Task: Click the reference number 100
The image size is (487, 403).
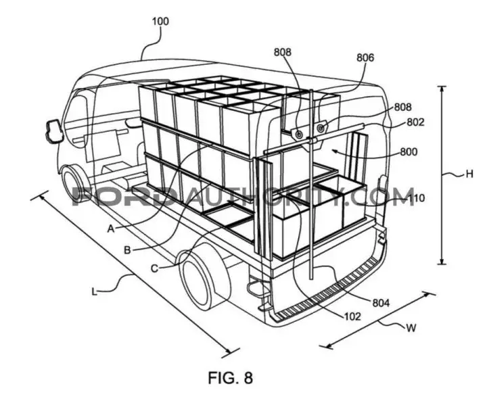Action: point(160,22)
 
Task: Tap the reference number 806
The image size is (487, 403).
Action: point(365,57)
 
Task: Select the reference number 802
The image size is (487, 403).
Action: point(415,122)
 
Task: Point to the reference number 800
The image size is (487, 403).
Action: point(409,152)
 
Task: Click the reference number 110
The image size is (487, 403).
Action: point(415,197)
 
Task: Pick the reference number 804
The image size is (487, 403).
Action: point(380,302)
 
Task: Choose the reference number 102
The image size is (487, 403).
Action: point(352,316)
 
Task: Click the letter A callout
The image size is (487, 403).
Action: point(111,229)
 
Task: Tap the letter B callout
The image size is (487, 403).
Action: point(127,250)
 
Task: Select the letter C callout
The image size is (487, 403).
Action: point(154,268)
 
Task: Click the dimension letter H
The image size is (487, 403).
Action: point(469,174)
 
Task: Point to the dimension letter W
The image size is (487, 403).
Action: point(411,328)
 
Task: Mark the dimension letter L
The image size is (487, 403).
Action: point(95,291)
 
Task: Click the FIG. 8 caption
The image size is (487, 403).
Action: point(230,378)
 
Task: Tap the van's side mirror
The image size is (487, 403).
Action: point(53,131)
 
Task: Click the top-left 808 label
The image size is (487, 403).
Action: point(282,52)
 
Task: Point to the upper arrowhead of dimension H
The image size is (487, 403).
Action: point(441,89)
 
